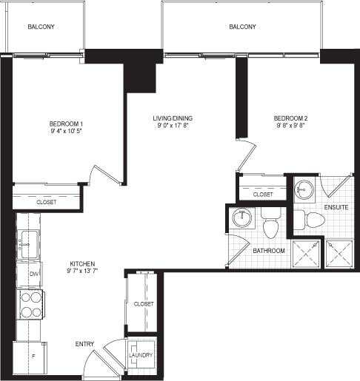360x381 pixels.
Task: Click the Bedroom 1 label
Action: (x=66, y=124)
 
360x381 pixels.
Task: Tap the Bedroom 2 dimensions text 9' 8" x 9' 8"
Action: (x=290, y=126)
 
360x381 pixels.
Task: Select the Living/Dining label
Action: (x=173, y=118)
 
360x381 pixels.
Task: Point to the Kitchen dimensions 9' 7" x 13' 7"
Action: (x=82, y=271)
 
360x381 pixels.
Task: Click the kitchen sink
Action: (x=29, y=244)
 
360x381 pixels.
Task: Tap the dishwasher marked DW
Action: (x=29, y=274)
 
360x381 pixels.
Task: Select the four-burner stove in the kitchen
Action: (x=30, y=305)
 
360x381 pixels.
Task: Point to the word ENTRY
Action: (x=84, y=344)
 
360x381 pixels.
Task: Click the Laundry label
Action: (x=141, y=355)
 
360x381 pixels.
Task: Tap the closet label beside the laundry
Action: (x=144, y=304)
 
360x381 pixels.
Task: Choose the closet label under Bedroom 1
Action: (x=47, y=202)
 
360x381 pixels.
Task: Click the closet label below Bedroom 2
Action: (x=263, y=195)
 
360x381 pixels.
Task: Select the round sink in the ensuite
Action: (x=304, y=189)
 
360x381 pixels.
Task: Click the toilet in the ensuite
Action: (x=310, y=220)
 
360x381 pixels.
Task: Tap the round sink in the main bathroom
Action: (x=242, y=218)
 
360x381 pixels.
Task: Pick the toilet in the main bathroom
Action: (x=271, y=223)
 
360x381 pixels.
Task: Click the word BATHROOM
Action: (x=269, y=251)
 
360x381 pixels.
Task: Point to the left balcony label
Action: (x=41, y=27)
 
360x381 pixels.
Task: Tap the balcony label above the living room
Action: (x=242, y=27)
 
